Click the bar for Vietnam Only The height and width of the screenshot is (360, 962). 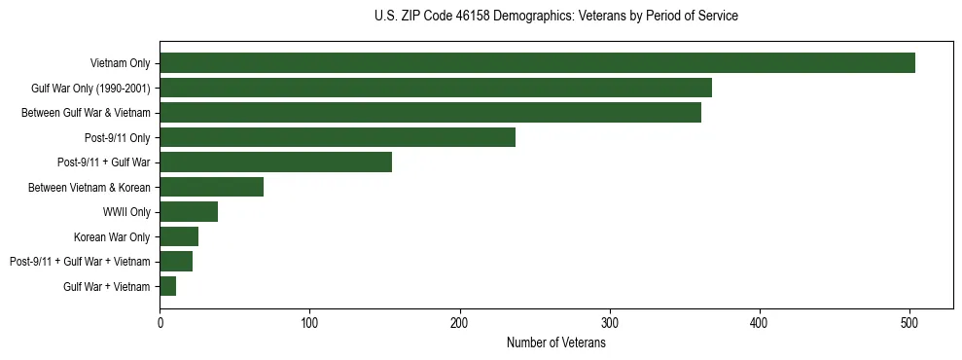(x=537, y=63)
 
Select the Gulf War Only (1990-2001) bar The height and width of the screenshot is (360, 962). (x=436, y=88)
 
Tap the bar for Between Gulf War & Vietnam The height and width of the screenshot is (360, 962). (x=430, y=113)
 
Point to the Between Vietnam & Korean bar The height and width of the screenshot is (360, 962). (x=212, y=187)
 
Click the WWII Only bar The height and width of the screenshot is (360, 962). (x=189, y=212)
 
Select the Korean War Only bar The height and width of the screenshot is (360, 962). (x=179, y=236)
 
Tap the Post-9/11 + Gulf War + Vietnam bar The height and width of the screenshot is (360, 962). (x=176, y=262)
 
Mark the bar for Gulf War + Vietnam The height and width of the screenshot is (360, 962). (x=168, y=286)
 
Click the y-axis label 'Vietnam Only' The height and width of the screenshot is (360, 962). (x=121, y=63)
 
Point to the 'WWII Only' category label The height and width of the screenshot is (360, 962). (x=126, y=212)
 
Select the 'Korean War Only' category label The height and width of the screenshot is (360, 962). (x=112, y=236)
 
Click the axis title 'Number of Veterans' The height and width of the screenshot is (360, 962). (x=556, y=342)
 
